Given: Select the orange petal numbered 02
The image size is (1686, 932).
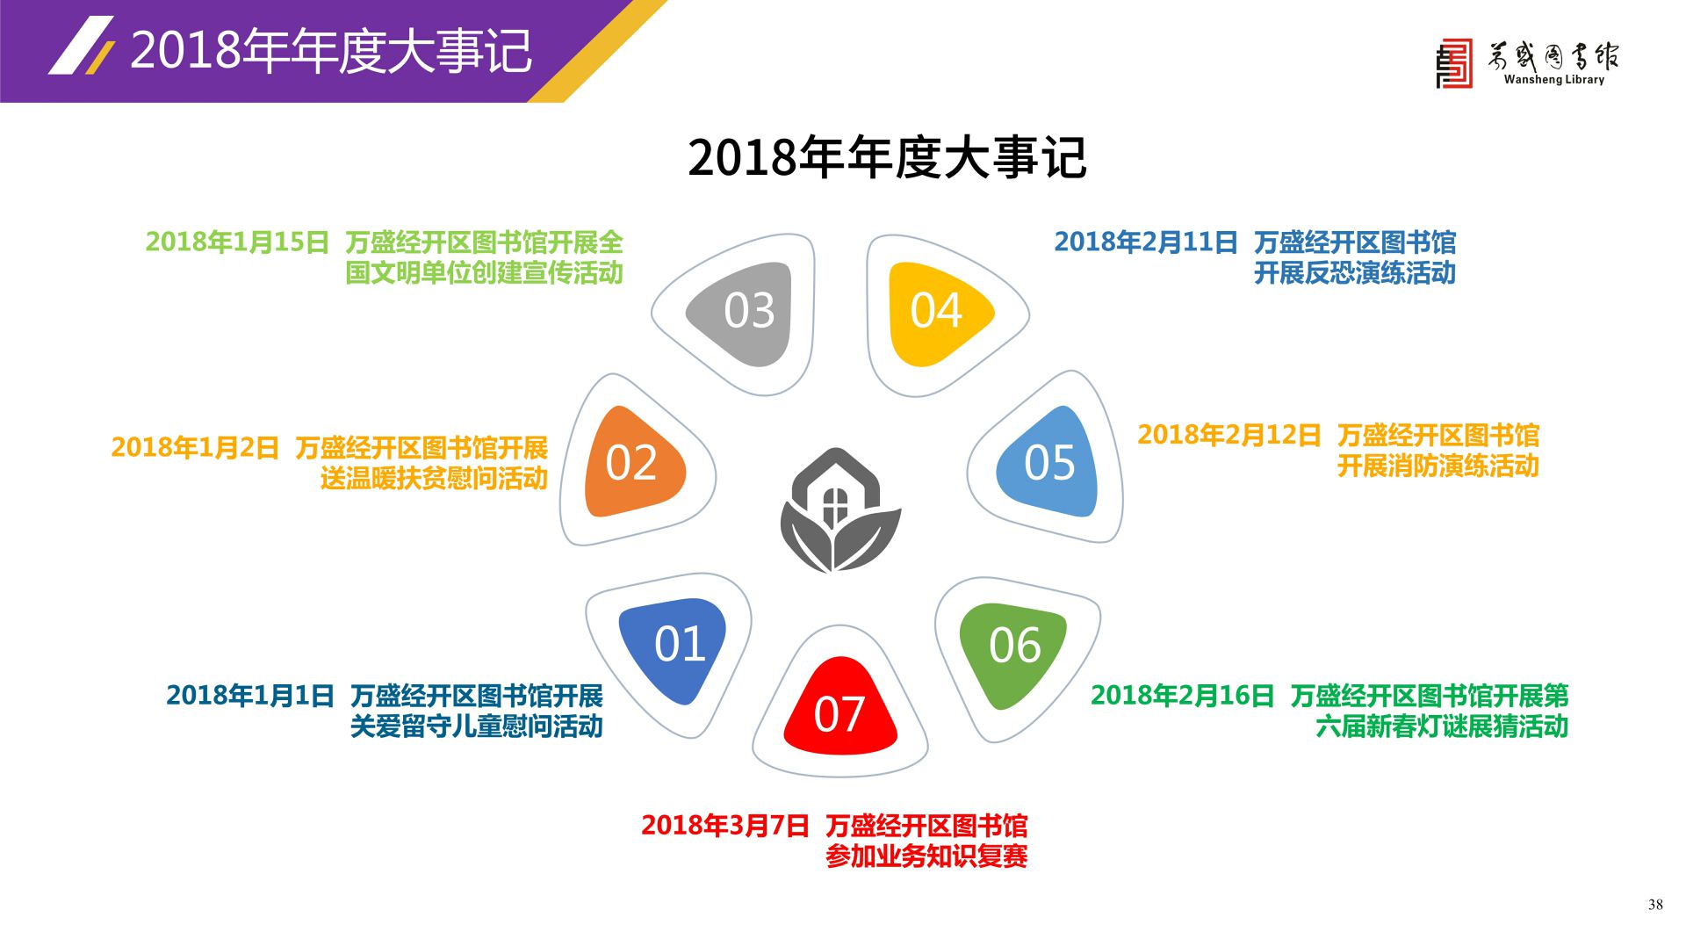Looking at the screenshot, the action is [632, 462].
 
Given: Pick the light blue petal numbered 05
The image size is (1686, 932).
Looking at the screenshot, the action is [1049, 462].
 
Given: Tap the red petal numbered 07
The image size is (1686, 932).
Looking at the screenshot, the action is [840, 708].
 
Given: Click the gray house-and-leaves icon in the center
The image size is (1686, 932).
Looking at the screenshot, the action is [840, 510].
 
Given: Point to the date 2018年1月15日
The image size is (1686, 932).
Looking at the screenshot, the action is [237, 242].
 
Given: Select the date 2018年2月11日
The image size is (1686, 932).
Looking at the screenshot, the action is [1146, 242].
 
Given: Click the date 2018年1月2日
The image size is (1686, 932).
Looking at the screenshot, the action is [195, 447].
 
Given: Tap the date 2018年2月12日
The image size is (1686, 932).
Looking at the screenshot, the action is [1229, 435].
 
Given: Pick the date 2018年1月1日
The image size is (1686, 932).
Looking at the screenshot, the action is [250, 696].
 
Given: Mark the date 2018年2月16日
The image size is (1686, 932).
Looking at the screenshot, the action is [1183, 696].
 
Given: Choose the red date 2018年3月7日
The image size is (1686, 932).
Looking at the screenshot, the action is [725, 826].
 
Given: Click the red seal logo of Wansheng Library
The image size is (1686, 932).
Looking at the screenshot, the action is [1454, 64].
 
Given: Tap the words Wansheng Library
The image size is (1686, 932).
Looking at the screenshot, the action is [1553, 79].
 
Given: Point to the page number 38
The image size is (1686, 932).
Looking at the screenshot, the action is [1655, 905].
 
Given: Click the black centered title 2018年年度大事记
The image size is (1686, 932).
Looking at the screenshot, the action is [887, 158].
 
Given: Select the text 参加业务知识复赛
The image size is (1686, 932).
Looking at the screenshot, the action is [926, 856].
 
